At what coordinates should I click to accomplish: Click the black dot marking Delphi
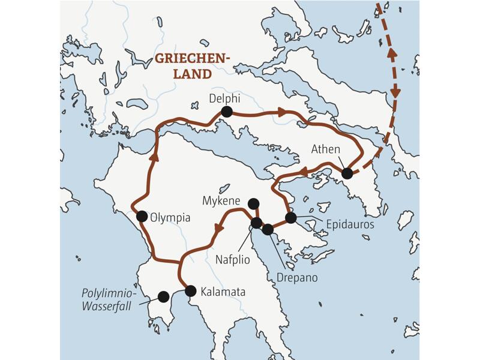[226, 111]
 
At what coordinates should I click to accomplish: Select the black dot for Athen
[347, 173]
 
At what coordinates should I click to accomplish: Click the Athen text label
[326, 149]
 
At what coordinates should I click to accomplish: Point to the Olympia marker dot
[142, 216]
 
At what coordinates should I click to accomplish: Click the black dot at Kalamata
[190, 291]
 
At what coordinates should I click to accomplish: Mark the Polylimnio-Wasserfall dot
[163, 296]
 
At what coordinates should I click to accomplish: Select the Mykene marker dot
[253, 203]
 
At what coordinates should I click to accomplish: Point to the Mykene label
[222, 200]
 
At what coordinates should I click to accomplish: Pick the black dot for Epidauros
[290, 218]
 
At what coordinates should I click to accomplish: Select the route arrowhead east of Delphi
[280, 112]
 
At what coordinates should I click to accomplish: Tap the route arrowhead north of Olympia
[154, 157]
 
